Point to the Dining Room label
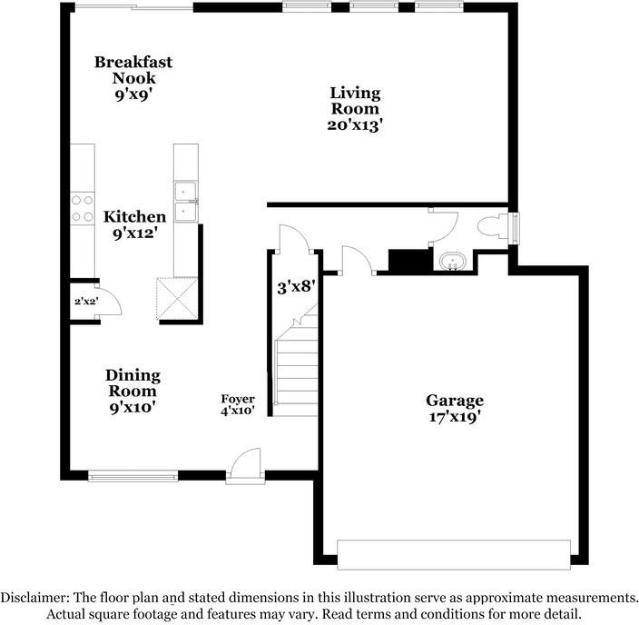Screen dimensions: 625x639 (133, 391)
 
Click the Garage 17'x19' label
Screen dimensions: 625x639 (455, 408)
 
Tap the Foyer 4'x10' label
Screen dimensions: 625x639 (238, 404)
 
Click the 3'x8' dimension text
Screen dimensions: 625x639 (296, 287)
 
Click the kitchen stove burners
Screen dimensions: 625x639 (81, 209)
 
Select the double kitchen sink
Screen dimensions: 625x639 (186, 202)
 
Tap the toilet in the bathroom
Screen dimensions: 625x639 (494, 227)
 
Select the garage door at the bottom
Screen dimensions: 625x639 (454, 552)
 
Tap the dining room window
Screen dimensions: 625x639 (133, 474)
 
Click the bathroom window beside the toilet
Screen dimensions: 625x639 (516, 227)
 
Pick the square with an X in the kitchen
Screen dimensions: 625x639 (177, 298)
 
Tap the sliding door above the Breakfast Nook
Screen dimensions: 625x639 (133, 8)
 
